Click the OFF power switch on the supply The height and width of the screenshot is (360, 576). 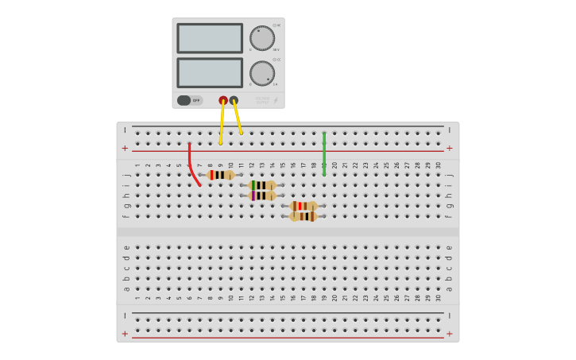[189, 101]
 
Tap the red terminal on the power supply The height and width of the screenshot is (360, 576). [223, 100]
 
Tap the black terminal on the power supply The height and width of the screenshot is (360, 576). [234, 100]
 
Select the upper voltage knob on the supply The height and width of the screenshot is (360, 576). [261, 37]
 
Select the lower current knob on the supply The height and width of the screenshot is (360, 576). [261, 73]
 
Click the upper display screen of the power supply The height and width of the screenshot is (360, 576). [210, 38]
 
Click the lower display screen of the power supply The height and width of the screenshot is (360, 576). [210, 72]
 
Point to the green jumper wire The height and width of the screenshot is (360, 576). [324, 153]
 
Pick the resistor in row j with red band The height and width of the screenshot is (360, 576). [220, 175]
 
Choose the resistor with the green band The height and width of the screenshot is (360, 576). [262, 185]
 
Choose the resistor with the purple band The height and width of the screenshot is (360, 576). [262, 195]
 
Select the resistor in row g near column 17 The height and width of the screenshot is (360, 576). [303, 206]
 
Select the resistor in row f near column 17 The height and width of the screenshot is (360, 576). [303, 216]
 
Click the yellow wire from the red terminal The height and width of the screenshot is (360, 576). [222, 122]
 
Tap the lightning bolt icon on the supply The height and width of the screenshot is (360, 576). [276, 101]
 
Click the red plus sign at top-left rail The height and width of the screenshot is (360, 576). [125, 149]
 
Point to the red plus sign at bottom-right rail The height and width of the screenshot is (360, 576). [450, 334]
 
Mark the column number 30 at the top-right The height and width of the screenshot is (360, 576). [439, 165]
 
